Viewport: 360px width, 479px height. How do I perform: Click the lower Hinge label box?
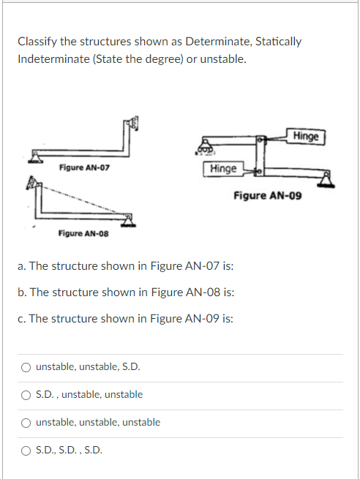[x=222, y=169]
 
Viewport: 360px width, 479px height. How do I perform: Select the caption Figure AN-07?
[x=84, y=168]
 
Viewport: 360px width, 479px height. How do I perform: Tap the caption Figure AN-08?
[x=84, y=233]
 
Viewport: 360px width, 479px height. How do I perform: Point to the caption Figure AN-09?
[x=268, y=195]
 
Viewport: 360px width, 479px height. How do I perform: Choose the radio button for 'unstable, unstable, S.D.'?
[x=26, y=366]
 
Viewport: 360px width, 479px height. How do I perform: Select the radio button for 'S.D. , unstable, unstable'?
[x=26, y=394]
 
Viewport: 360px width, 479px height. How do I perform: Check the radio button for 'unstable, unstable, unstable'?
[x=26, y=422]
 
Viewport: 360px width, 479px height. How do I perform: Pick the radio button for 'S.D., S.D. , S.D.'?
[x=26, y=450]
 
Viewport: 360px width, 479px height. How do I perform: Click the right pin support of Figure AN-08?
[x=130, y=219]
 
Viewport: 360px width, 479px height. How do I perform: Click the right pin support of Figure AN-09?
[x=327, y=179]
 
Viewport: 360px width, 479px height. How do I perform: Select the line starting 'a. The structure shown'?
[x=126, y=265]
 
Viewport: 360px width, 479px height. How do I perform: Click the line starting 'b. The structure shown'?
[x=126, y=292]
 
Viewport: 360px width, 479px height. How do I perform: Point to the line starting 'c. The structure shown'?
[x=126, y=318]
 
